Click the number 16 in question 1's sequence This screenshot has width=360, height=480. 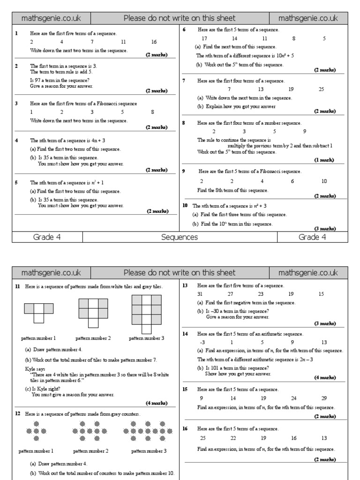click(x=154, y=42)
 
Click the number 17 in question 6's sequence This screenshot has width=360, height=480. click(x=204, y=38)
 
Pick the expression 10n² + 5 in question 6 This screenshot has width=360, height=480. click(x=281, y=55)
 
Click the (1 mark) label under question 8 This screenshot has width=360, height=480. click(x=324, y=160)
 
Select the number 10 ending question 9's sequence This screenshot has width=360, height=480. click(x=324, y=181)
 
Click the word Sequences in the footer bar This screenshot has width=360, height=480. click(x=180, y=237)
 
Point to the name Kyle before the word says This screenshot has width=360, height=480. click(x=30, y=369)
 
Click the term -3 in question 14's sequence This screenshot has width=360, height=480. click(x=202, y=342)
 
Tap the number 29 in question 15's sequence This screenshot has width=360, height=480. click(x=324, y=398)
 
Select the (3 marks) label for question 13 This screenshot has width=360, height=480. click(x=324, y=323)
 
